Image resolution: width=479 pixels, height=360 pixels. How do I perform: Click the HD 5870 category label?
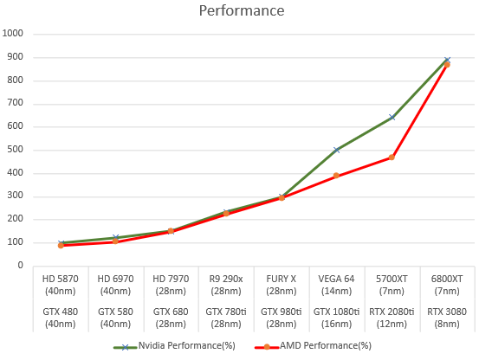[x=61, y=279]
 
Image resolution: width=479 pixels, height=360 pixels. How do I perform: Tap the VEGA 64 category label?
[x=337, y=279]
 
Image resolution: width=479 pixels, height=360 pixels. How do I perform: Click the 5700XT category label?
[x=392, y=279]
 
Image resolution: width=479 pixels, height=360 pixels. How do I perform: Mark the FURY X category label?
[x=282, y=279]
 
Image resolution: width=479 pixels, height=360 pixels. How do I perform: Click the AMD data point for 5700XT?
[x=392, y=157]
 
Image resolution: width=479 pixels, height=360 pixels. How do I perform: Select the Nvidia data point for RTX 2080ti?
[x=392, y=118]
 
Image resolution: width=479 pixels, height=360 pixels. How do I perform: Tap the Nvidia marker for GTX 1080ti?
[x=337, y=150]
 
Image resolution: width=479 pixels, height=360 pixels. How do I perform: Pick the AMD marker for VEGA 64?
[x=337, y=176]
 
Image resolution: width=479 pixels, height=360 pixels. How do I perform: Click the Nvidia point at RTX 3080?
[x=447, y=61]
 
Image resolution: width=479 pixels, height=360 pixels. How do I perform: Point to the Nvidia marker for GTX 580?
[x=116, y=238]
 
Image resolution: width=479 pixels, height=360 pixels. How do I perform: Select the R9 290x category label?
[x=227, y=279]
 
